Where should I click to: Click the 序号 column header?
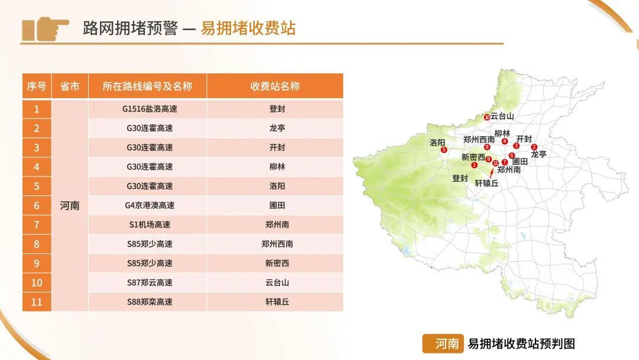[36, 86]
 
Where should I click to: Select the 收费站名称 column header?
[275, 86]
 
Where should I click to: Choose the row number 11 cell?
[37, 302]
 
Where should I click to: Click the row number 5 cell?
[37, 186]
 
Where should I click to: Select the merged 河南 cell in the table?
[70, 205]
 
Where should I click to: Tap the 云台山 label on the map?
[502, 116]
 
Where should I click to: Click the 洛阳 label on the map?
[437, 142]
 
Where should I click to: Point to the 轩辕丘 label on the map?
[487, 184]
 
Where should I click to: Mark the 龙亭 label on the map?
[538, 154]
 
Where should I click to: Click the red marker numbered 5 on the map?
[444, 150]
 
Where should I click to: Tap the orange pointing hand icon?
[45, 29]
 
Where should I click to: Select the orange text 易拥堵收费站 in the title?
[248, 28]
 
